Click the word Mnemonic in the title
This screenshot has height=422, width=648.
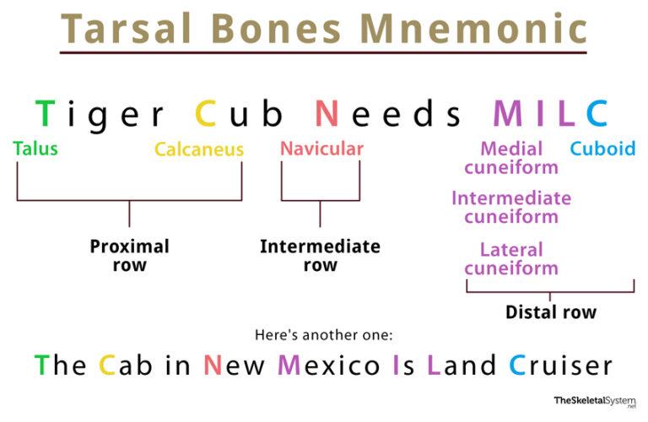click(x=473, y=28)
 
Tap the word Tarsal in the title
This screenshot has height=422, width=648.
click(x=127, y=28)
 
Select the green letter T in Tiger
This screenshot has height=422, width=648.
click(x=45, y=113)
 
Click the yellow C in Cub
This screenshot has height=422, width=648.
click(x=205, y=113)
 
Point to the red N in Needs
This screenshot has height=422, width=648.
click(x=327, y=113)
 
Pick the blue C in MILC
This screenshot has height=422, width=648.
click(x=597, y=113)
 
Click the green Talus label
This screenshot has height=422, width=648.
click(x=35, y=149)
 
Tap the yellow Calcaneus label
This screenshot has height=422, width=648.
click(x=199, y=149)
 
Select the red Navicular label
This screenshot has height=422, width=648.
click(x=322, y=149)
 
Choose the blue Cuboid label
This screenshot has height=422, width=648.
click(x=603, y=149)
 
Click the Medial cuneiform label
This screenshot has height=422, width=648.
click(x=511, y=159)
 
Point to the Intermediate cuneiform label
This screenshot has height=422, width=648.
click(x=511, y=208)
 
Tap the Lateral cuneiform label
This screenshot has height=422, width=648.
click(x=511, y=259)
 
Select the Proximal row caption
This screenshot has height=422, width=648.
click(x=130, y=256)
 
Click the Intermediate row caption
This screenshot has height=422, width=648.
click(x=321, y=256)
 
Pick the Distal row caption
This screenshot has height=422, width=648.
click(x=551, y=312)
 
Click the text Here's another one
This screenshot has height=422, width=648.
click(x=324, y=335)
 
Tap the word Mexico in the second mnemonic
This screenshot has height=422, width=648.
click(x=329, y=365)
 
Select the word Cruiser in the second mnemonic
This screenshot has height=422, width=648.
click(x=560, y=365)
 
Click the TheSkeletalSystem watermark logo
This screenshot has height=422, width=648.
click(x=595, y=402)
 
